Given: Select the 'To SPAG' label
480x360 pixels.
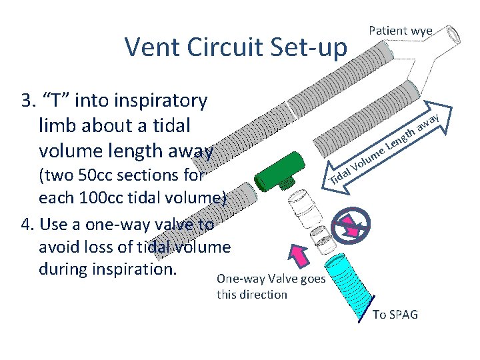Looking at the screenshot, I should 395,314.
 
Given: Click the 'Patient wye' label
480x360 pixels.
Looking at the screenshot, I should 401,31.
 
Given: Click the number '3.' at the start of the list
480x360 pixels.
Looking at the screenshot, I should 29,101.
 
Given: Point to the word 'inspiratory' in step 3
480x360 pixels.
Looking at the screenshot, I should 161,101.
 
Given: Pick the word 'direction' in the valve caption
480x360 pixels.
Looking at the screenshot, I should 263,294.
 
